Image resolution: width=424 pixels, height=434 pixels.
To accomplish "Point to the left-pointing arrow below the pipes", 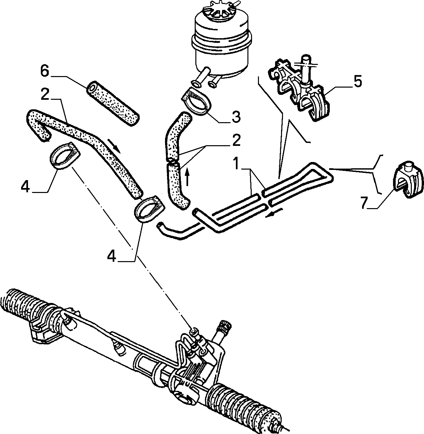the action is tap(274, 213).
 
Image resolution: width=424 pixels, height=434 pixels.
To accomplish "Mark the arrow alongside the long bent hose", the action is tap(114, 146).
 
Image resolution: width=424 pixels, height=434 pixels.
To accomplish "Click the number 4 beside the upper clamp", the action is tap(25, 187).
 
